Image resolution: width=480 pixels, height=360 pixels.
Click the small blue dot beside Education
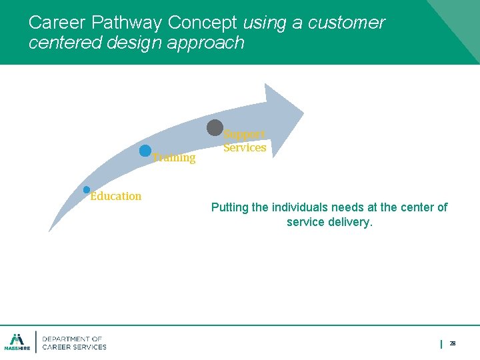(87, 190)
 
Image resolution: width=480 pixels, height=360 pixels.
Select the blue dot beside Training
(145, 151)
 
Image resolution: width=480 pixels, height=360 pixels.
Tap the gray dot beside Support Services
(215, 127)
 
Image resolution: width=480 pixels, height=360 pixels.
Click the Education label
(116, 196)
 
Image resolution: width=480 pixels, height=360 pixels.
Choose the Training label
(174, 158)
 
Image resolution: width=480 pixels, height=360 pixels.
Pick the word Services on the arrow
(245, 148)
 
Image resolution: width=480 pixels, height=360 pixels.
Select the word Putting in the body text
(230, 207)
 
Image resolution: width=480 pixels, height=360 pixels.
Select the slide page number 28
(453, 343)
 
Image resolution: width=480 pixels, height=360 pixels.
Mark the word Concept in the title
(202, 23)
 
